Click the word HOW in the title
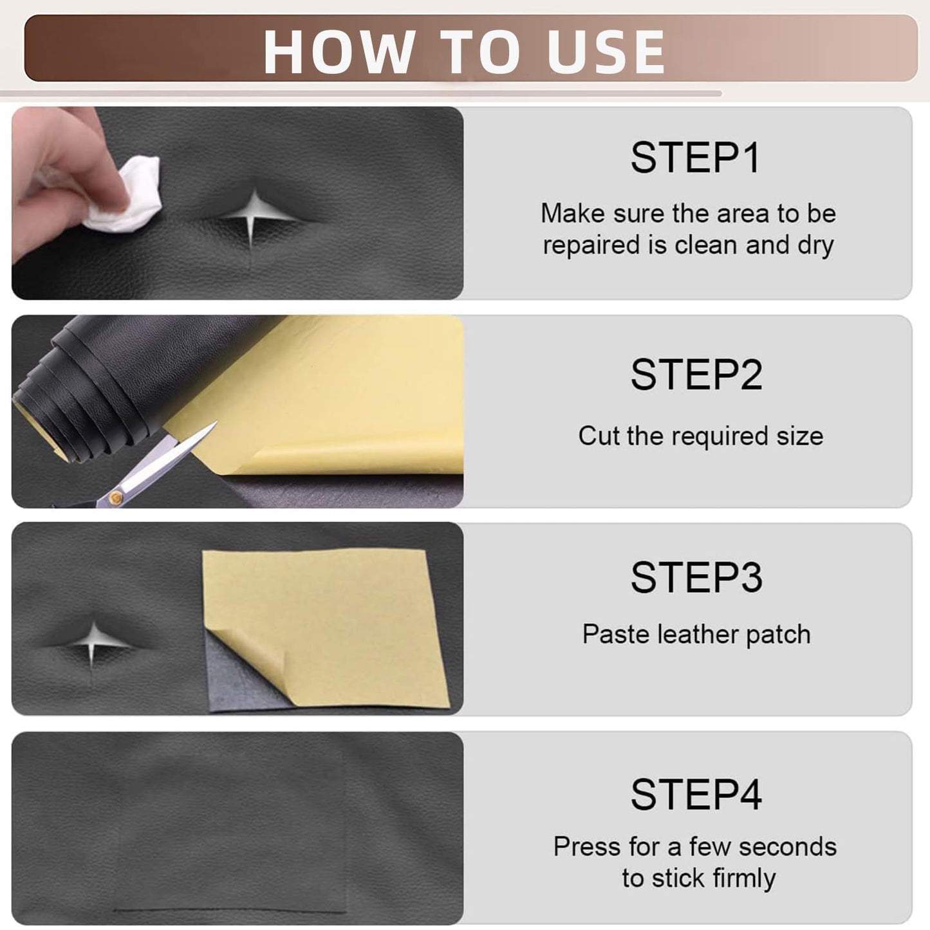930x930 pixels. click(339, 51)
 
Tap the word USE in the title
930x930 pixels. click(606, 51)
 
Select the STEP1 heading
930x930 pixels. click(696, 158)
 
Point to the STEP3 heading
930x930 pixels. click(696, 577)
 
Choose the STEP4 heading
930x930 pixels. click(696, 794)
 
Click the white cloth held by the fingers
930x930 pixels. click(126, 196)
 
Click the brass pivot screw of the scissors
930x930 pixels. click(115, 498)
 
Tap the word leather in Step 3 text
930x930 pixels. click(698, 634)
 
